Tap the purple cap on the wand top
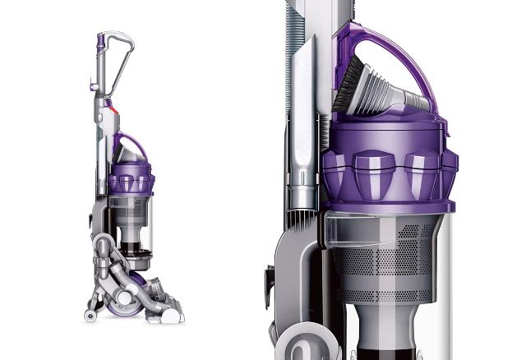(x=100, y=39)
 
